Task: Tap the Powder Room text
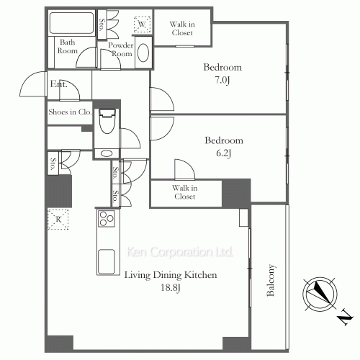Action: [120, 49]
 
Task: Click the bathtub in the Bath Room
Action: [71, 24]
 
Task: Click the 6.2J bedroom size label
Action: [223, 153]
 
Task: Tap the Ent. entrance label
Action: [59, 84]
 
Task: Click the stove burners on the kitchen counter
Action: [107, 219]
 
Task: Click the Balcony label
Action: [271, 281]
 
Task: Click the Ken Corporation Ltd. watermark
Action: [180, 253]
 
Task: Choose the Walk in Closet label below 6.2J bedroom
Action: [184, 192]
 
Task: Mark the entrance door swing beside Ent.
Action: [32, 86]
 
